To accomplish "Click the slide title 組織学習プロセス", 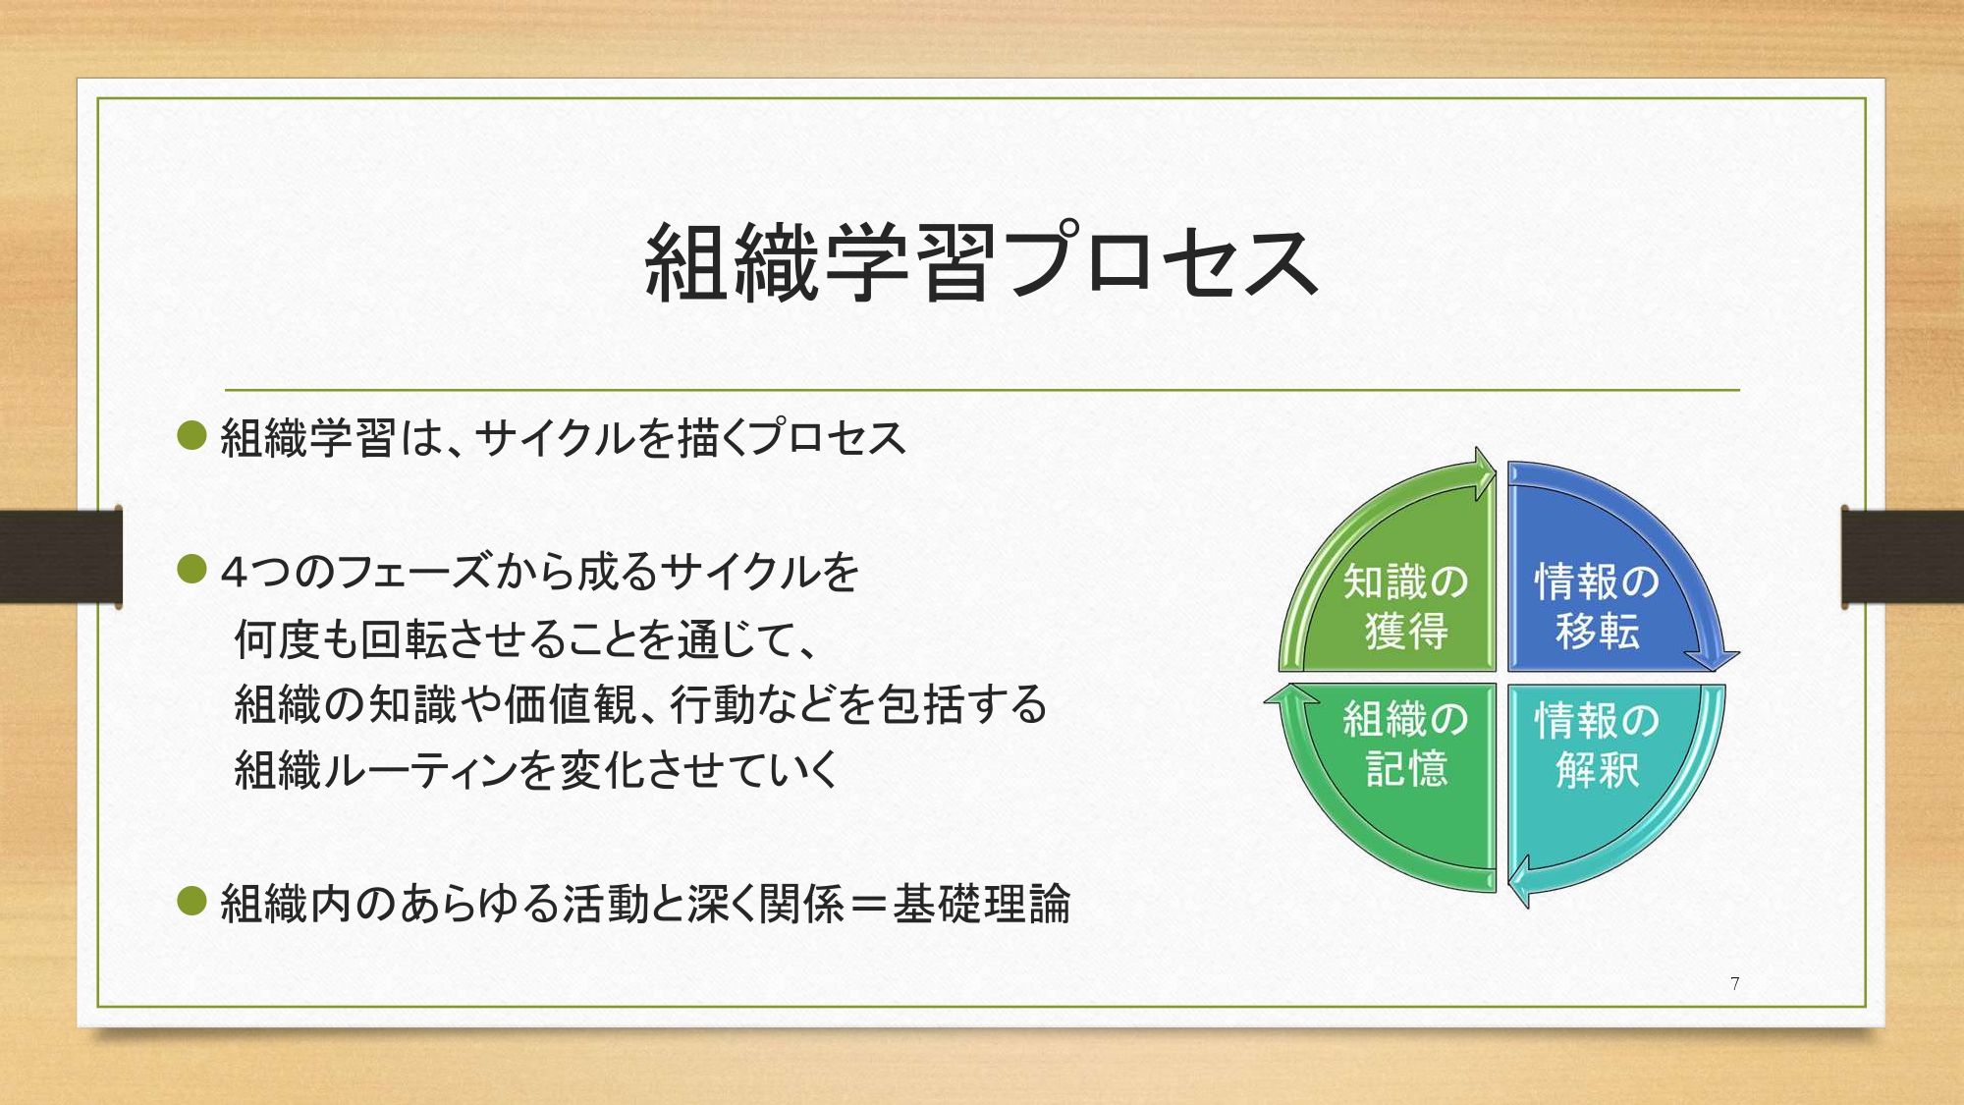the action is [x=981, y=261].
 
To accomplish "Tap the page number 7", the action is [x=1735, y=983].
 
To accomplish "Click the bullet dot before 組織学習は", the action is [x=191, y=435].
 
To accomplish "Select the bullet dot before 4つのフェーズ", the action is [x=191, y=569].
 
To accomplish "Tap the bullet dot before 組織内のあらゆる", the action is [x=191, y=901].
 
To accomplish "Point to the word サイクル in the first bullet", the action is [x=555, y=438].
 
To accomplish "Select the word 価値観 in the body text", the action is [x=570, y=704].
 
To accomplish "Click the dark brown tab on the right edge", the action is [x=1902, y=556].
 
